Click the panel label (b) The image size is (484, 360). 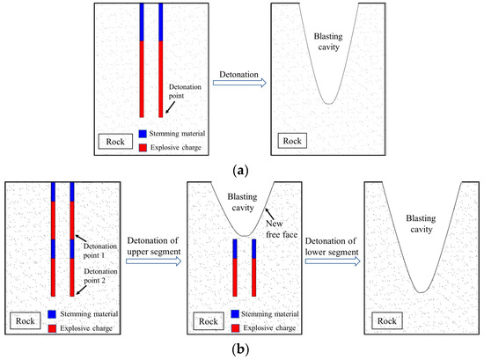pyautogui.click(x=240, y=349)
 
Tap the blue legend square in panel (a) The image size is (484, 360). pyautogui.click(x=142, y=135)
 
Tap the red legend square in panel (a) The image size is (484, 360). pyautogui.click(x=142, y=148)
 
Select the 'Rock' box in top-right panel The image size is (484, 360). pyautogui.click(x=292, y=140)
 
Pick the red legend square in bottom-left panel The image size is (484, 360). pyautogui.click(x=54, y=327)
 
